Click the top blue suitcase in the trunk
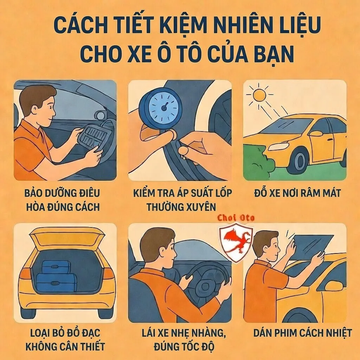click(56, 268)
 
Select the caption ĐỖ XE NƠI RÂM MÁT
click(297, 193)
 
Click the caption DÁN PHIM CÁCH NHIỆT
click(302, 333)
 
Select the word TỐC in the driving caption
click(190, 346)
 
